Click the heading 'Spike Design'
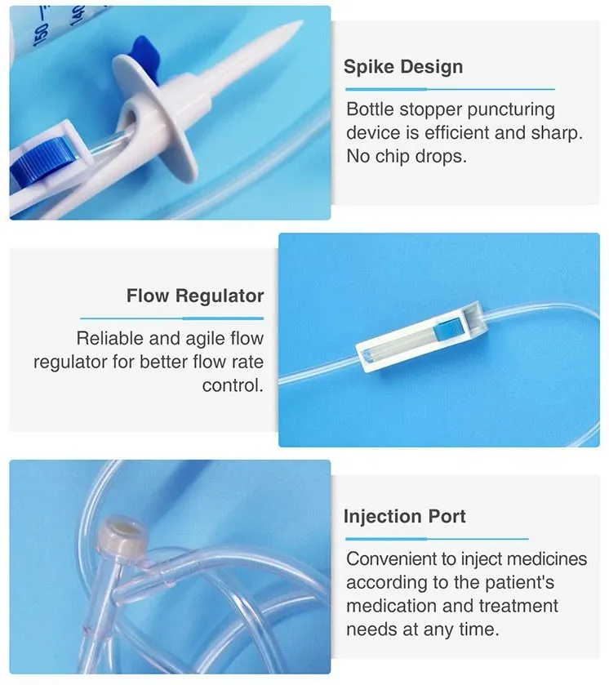(402, 67)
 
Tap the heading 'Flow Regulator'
(195, 296)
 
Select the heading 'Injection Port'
(405, 516)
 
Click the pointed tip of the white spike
(300, 22)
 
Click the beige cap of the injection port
(122, 534)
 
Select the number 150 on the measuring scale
(41, 35)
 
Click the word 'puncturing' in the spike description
(511, 109)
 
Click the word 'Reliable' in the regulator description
(109, 338)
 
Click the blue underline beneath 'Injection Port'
(437, 539)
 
